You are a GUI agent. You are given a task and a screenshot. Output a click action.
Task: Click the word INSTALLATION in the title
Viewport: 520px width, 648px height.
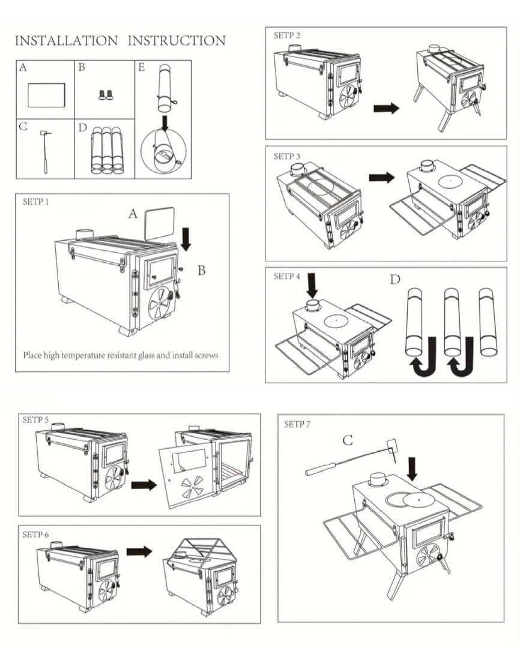pos(66,41)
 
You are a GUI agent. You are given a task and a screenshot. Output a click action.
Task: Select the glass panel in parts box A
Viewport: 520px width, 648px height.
pos(46,95)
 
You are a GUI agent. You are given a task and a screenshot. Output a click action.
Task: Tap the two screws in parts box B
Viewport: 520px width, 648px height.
pos(106,94)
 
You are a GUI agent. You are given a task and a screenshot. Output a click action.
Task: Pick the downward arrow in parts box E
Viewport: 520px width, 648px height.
pos(163,122)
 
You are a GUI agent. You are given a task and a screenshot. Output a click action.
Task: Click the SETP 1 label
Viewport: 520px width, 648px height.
pos(36,202)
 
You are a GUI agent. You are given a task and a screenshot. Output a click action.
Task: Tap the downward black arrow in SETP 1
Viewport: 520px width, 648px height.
pos(186,238)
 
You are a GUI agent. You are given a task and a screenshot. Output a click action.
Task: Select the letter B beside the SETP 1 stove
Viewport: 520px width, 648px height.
pos(202,271)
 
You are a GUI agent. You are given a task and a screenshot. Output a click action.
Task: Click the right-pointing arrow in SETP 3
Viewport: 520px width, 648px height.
pos(382,178)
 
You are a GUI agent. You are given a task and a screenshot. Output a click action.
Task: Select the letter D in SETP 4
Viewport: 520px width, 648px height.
pos(396,280)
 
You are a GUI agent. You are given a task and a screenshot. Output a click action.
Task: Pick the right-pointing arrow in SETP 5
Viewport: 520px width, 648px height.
pos(143,484)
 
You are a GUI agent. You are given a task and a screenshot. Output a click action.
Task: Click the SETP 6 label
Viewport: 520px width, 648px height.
pos(35,535)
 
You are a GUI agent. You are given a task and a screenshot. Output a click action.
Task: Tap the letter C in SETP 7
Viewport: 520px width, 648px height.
pos(348,440)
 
